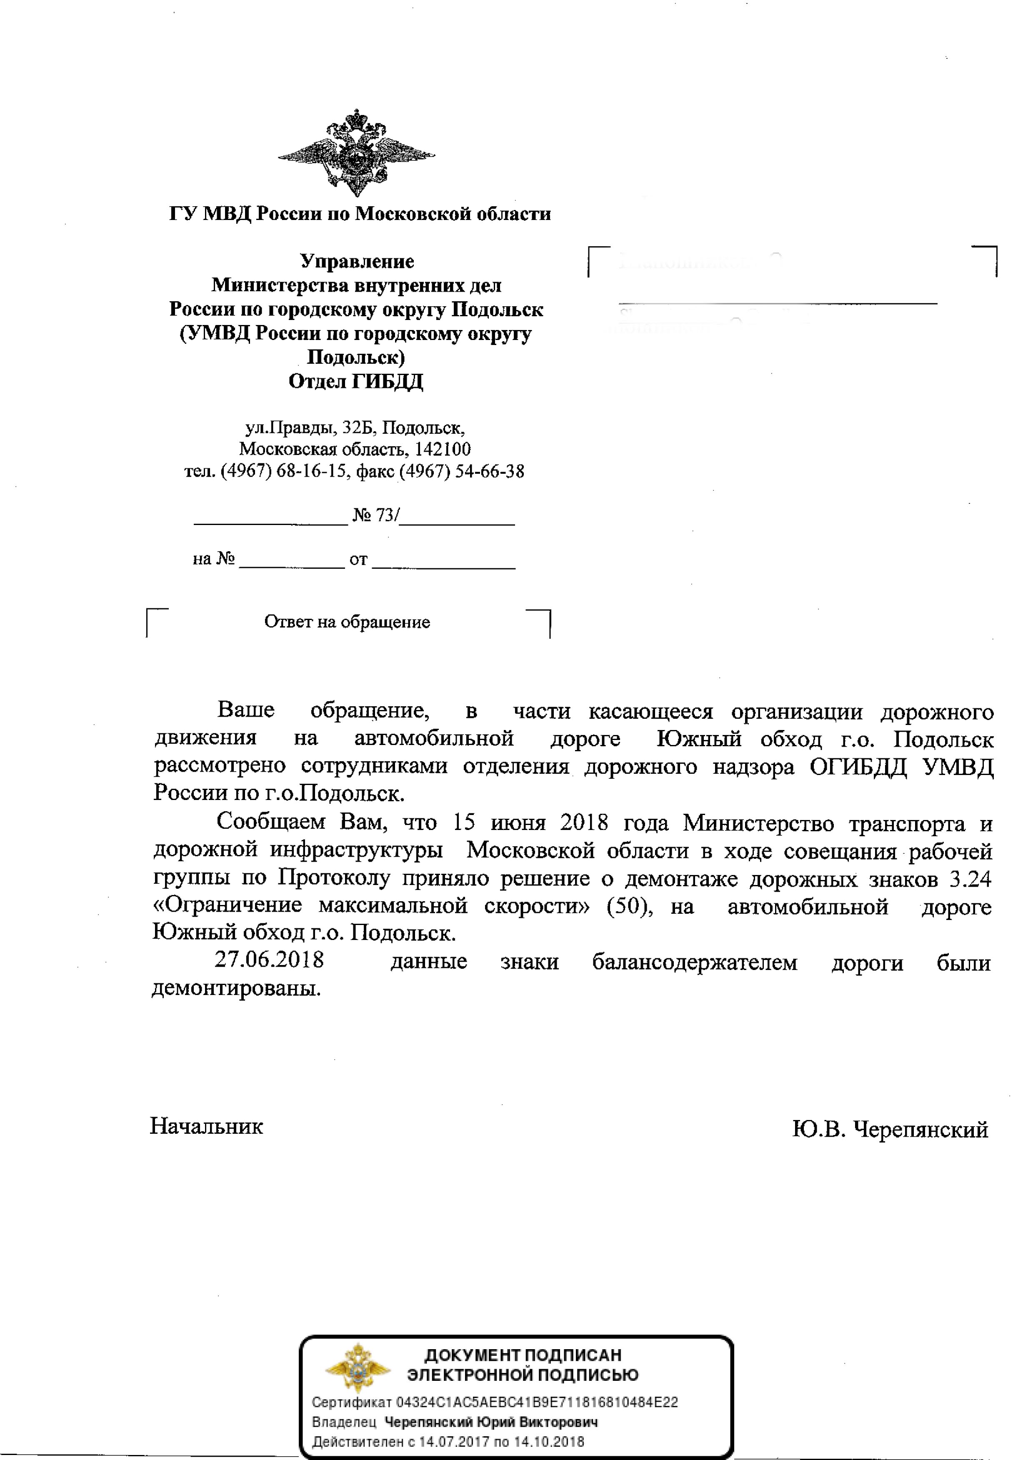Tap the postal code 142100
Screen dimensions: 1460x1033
pyautogui.click(x=443, y=450)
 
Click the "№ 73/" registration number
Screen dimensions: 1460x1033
pyautogui.click(x=376, y=515)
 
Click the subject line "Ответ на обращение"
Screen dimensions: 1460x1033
pyautogui.click(x=347, y=622)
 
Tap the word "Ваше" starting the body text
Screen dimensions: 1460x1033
pyautogui.click(x=246, y=710)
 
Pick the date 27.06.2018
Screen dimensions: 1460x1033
pyautogui.click(x=269, y=960)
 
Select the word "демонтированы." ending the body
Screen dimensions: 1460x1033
pyautogui.click(x=236, y=989)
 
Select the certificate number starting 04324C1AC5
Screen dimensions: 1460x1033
pyautogui.click(x=537, y=1402)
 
